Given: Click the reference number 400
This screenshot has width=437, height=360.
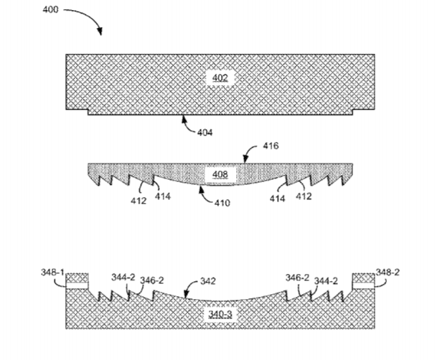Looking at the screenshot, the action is (51, 10).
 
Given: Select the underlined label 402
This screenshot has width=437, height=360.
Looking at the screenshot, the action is (220, 77).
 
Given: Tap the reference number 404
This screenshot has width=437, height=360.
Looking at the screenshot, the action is (205, 133).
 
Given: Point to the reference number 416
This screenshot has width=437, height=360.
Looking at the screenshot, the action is (271, 146).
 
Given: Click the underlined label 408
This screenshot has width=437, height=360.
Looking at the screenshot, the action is (220, 174).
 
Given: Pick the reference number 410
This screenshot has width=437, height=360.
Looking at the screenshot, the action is (222, 203).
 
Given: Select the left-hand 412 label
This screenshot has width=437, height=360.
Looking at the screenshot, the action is (138, 201).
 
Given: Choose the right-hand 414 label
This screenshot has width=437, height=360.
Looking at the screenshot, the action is (277, 199).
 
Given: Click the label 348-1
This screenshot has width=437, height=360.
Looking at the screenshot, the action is (52, 272).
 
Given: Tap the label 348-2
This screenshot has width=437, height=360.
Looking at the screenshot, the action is (387, 272).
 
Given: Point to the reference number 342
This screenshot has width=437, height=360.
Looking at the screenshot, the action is (208, 281).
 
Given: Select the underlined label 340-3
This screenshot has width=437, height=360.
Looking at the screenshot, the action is (220, 314).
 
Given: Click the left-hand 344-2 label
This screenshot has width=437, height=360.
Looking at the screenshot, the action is (123, 278).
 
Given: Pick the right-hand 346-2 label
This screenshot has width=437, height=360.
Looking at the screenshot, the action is (297, 278).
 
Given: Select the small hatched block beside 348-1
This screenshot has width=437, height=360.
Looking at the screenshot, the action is (77, 278).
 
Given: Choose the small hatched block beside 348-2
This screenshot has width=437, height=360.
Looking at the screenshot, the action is (363, 278).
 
